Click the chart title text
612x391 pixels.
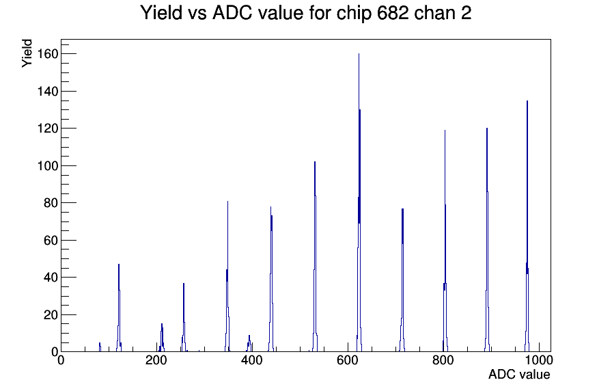click(305, 12)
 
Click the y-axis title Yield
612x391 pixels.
click(27, 53)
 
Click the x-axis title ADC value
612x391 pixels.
click(519, 374)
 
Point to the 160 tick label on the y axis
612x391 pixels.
click(48, 53)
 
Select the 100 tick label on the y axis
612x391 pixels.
click(48, 165)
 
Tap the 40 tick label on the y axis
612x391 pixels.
click(51, 278)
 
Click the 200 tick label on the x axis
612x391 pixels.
click(156, 360)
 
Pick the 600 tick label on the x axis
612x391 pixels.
click(348, 360)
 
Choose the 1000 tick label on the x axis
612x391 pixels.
click(538, 360)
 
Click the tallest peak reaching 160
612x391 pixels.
click(359, 203)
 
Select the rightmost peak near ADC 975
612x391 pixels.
click(527, 226)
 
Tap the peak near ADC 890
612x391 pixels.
click(487, 240)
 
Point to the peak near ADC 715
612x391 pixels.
click(402, 280)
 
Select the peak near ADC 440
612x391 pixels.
click(271, 280)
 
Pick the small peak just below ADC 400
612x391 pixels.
click(249, 344)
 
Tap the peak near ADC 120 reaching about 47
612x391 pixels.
click(119, 308)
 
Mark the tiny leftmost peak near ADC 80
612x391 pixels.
click(100, 347)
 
